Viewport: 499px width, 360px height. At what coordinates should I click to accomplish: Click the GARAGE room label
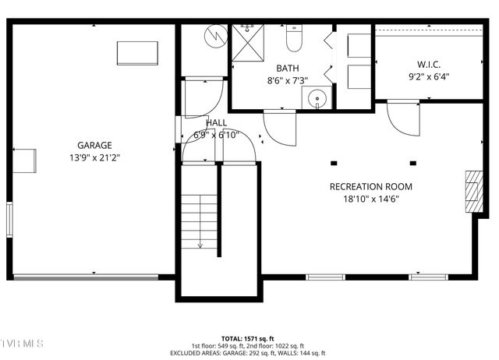click(94, 145)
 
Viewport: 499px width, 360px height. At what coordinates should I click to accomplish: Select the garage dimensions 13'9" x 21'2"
click(94, 157)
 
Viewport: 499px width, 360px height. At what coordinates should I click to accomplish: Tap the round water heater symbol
click(214, 36)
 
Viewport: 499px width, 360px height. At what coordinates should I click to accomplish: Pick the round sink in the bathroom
click(317, 98)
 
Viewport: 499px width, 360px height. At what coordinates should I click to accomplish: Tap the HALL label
click(217, 123)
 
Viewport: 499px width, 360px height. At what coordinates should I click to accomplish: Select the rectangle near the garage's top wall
click(138, 53)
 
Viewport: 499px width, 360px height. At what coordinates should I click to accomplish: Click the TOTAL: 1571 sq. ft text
click(248, 339)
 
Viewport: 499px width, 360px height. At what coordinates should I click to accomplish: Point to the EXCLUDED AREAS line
click(248, 352)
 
